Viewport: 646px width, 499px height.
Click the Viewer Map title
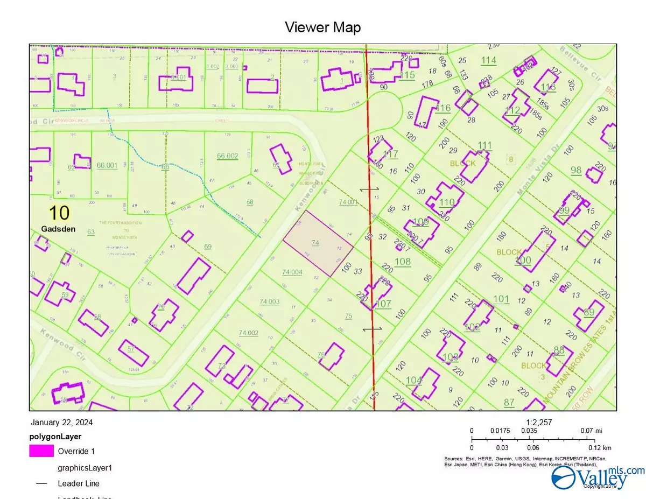pos(322,27)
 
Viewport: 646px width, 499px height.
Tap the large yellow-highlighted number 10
pos(59,213)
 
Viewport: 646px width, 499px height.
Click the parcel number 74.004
pos(292,272)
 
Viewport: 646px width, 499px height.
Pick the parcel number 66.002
pos(227,156)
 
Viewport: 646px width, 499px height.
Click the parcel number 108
pos(403,262)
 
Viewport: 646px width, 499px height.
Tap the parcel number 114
pos(488,60)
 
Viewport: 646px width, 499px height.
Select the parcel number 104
pos(413,380)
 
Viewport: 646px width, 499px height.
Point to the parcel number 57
pos(131,348)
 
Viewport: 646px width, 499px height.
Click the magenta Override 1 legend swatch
pos(41,451)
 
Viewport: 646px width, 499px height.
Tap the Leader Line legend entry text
pos(78,483)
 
